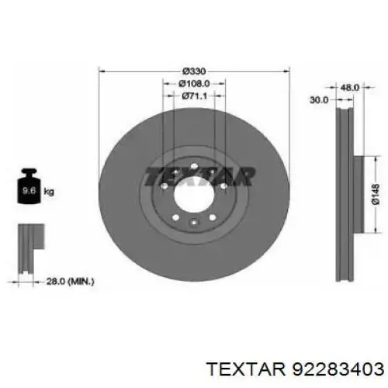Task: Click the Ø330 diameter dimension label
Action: coord(194,71)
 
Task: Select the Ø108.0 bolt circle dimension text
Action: coord(194,83)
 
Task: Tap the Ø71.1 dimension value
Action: coord(195,96)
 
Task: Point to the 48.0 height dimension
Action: coord(350,88)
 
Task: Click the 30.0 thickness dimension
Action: coord(319,100)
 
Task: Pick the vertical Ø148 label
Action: coord(376,194)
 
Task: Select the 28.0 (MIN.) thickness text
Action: coord(70,282)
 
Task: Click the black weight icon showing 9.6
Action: coord(29,186)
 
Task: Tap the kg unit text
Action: coord(49,192)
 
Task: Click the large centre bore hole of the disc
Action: coord(194,195)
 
